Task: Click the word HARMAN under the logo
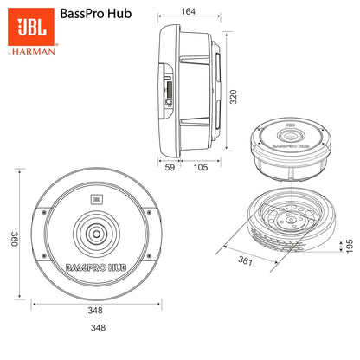coord(38,51)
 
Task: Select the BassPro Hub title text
coord(98,15)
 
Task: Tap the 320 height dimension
coord(234,95)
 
